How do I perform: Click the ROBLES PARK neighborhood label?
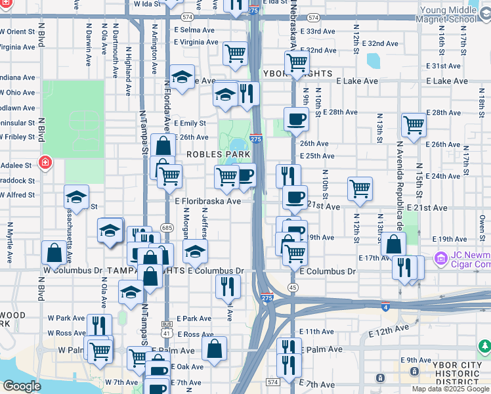[x=219, y=154]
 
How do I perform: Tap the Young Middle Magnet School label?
[x=448, y=14]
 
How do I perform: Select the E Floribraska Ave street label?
[x=208, y=202]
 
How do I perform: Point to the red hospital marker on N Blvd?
[x=45, y=162]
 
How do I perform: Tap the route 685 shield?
[x=166, y=227]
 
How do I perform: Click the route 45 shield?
[x=293, y=288]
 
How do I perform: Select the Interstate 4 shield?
[x=385, y=307]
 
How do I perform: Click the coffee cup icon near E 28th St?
[x=296, y=119]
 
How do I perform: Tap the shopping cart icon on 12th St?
[x=360, y=188]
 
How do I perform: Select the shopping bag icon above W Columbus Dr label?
[x=53, y=252]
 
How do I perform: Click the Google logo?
[x=22, y=386]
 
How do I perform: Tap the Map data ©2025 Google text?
[x=450, y=389]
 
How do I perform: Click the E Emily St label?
[x=190, y=123]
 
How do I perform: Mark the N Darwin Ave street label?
[x=88, y=45]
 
